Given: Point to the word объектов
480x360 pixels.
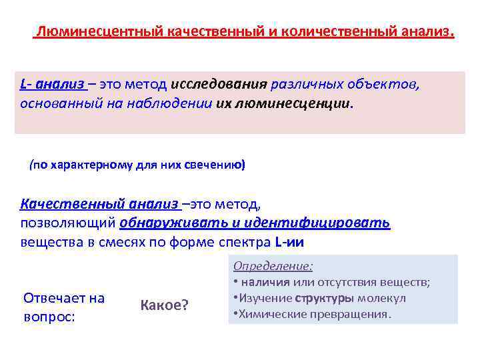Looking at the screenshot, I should [x=382, y=85].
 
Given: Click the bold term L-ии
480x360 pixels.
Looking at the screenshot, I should [x=293, y=242].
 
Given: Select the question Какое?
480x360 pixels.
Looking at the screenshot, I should [x=164, y=305].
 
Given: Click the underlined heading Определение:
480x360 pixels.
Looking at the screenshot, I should [x=273, y=266].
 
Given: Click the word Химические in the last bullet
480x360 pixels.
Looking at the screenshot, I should [x=269, y=313].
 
